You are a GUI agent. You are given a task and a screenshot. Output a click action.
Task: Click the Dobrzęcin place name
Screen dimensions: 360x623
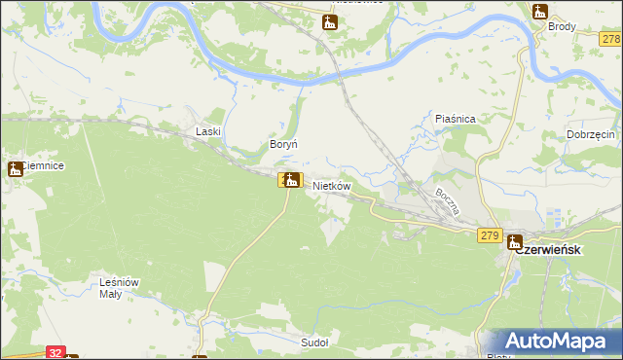click(x=590, y=135)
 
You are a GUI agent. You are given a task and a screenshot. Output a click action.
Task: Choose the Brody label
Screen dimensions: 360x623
click(x=562, y=27)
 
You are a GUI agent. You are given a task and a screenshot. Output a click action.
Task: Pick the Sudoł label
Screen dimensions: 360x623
click(x=314, y=342)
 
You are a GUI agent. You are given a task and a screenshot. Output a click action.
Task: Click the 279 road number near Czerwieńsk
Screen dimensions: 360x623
click(x=490, y=235)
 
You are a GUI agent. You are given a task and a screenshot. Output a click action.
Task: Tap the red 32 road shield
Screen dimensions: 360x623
click(x=55, y=353)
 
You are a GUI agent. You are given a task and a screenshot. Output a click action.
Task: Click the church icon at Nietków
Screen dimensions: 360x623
click(x=290, y=179)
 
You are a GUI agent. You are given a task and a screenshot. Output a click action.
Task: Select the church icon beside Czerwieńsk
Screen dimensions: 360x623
click(x=514, y=242)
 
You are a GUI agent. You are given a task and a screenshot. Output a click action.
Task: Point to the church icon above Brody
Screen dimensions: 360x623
click(x=541, y=11)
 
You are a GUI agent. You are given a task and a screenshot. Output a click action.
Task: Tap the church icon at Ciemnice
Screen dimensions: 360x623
click(x=16, y=168)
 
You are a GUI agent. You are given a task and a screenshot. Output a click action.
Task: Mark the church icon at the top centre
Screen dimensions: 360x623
click(x=330, y=21)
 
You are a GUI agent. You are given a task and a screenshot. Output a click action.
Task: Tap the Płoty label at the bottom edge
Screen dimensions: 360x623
click(x=498, y=356)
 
